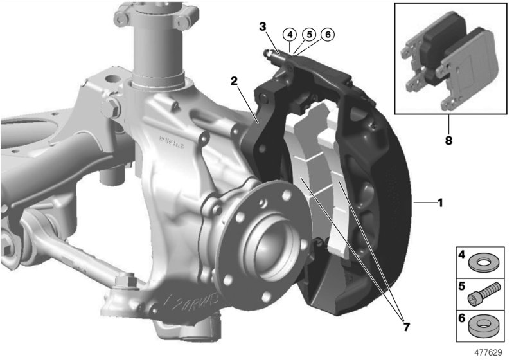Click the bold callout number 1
pos(440,203)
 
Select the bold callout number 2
pos(235,81)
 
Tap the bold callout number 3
pos(262,26)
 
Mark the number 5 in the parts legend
pos(462,284)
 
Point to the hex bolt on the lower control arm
pos(126,281)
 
